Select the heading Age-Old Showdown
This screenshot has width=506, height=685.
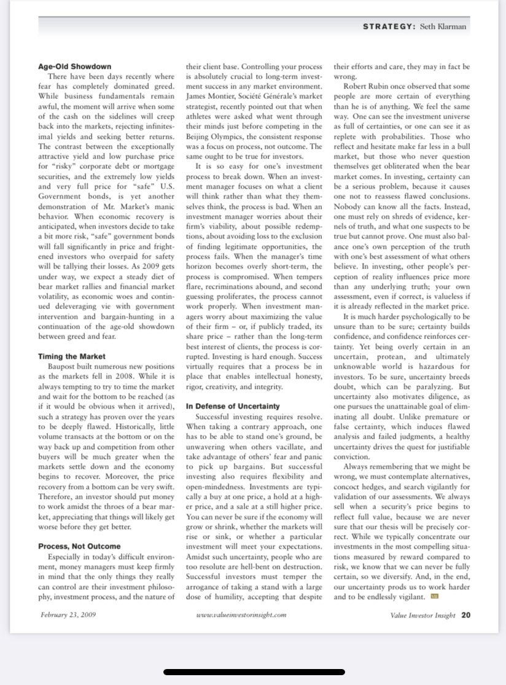tap(74, 66)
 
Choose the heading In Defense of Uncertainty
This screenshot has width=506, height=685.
tap(232, 406)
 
